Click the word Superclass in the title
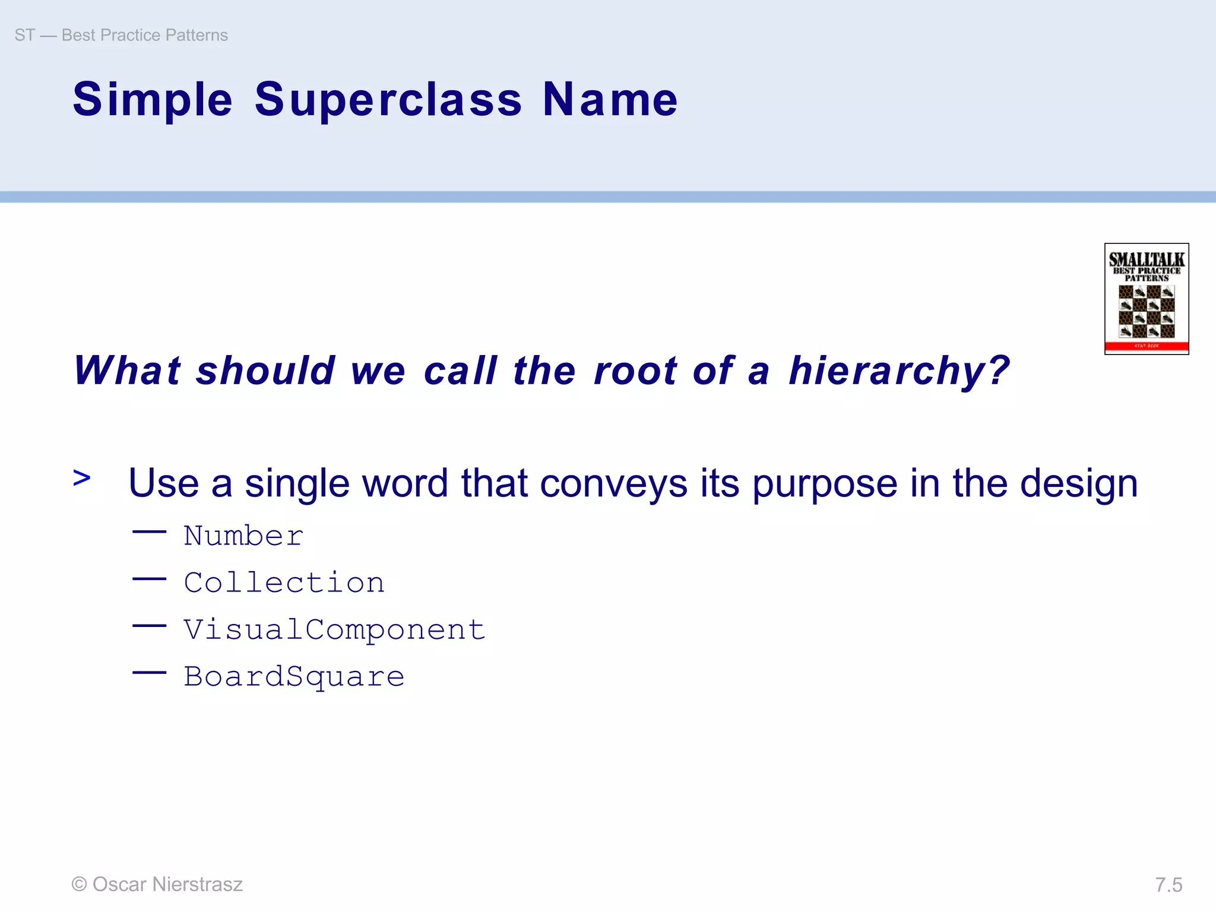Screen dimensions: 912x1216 (x=388, y=100)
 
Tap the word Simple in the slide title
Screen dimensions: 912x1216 (x=153, y=100)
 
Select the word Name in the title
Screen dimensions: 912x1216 (x=610, y=100)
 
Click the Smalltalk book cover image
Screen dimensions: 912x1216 (x=1146, y=299)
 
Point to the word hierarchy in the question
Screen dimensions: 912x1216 (x=899, y=371)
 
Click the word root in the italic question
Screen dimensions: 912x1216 (x=635, y=371)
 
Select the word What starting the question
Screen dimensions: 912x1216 (x=127, y=371)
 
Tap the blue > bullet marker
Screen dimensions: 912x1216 (x=82, y=477)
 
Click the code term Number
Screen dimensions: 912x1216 (x=243, y=536)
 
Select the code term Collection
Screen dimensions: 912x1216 (x=284, y=582)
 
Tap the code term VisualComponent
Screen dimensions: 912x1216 (x=334, y=629)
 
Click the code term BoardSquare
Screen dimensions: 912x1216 (x=294, y=677)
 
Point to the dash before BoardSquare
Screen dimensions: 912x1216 (x=149, y=673)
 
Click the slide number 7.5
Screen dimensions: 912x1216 (x=1168, y=885)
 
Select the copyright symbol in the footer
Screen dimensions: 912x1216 (x=79, y=884)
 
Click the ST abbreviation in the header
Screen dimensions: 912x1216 (x=25, y=36)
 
